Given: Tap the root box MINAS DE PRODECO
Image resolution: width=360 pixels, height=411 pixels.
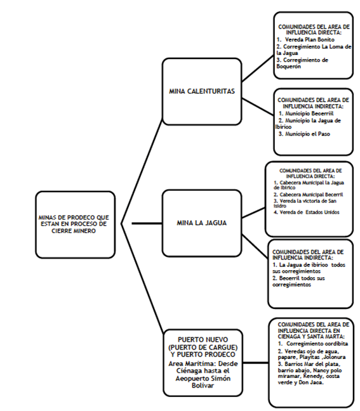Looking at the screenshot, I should [76, 224].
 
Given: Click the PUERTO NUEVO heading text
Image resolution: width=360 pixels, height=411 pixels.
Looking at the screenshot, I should [201, 345].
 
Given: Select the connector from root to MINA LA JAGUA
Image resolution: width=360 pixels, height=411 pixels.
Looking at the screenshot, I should [146, 223].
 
